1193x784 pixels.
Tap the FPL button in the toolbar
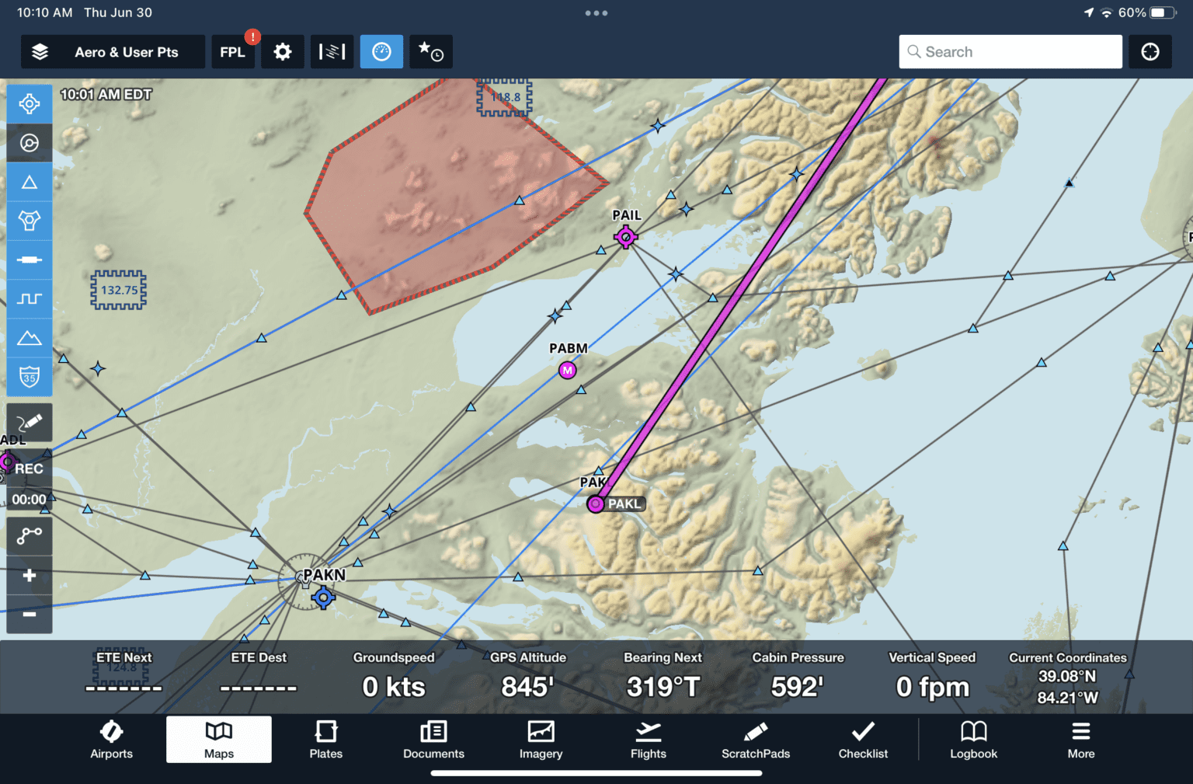[232, 52]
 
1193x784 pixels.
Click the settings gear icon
[283, 52]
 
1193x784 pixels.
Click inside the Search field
[1010, 52]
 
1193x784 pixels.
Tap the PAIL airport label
[627, 215]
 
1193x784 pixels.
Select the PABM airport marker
[568, 371]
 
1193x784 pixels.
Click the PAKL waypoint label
[624, 504]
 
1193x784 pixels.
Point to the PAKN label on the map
[324, 575]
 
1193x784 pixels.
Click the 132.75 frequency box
[119, 290]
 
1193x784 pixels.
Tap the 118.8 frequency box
[505, 97]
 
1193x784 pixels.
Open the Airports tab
[111, 740]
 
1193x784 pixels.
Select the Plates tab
[326, 740]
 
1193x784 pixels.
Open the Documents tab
[433, 740]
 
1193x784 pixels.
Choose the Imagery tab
[541, 740]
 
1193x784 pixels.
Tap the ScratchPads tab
[756, 740]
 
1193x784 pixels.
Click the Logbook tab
[973, 740]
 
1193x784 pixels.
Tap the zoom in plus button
[30, 576]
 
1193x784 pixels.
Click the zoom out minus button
[30, 615]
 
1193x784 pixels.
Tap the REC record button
[29, 469]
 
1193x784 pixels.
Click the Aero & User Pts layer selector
[113, 52]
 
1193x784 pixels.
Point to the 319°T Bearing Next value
[663, 687]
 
